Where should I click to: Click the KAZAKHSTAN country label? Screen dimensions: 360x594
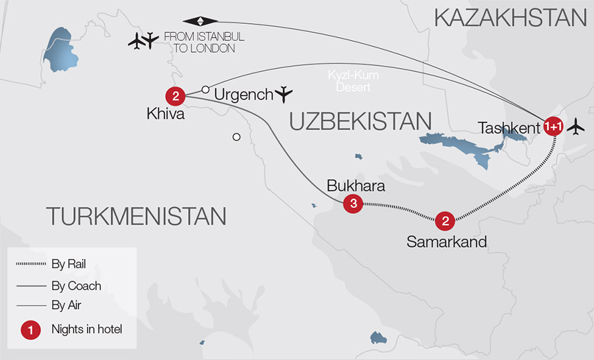510,17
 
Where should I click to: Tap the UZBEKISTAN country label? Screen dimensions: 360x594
360,122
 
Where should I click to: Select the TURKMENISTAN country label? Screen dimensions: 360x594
135,215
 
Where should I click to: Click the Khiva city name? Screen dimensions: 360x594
165,114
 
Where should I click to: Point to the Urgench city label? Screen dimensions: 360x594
243,95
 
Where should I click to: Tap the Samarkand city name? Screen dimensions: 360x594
446,242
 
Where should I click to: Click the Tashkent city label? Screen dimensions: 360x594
510,128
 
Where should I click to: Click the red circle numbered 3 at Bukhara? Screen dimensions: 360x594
354,204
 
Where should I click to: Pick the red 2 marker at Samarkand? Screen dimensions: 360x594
445,221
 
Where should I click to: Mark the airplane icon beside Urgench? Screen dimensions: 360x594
284,94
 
